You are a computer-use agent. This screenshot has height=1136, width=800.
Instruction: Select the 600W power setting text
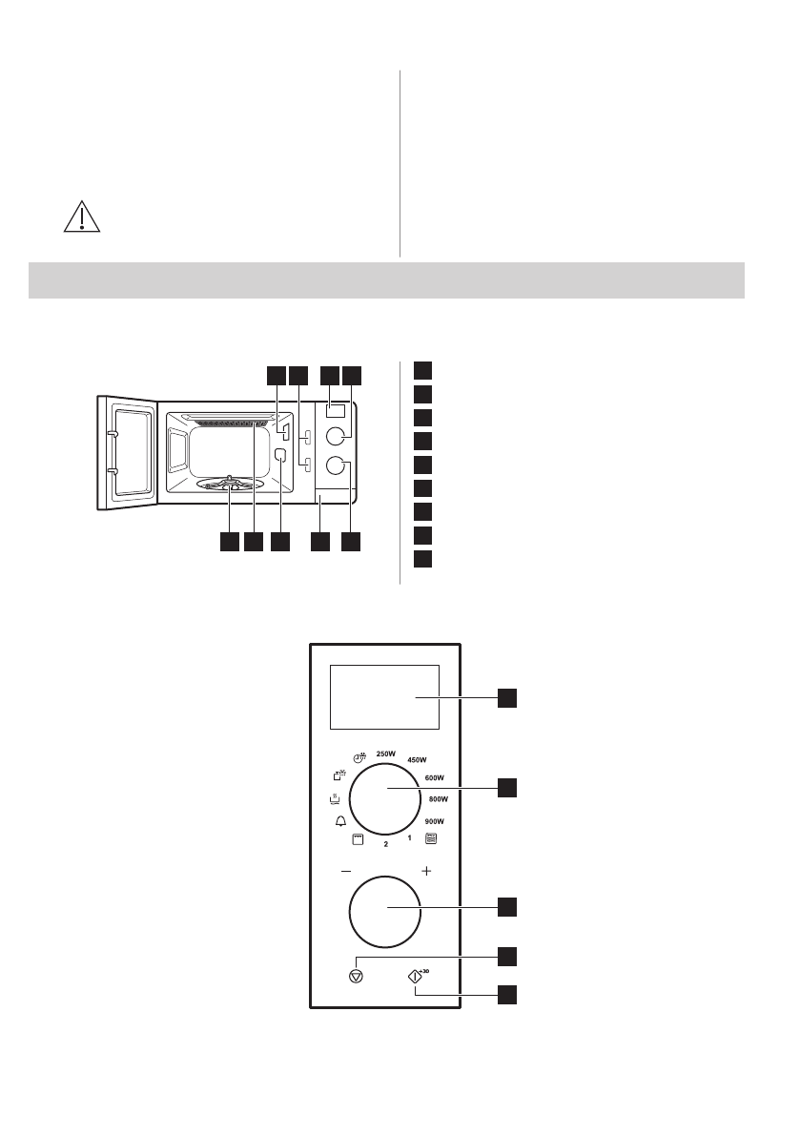436,778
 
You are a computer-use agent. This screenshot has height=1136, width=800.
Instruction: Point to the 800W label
439,798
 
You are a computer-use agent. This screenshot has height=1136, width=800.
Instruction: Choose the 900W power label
434,820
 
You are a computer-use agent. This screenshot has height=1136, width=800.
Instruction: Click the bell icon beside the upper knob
340,820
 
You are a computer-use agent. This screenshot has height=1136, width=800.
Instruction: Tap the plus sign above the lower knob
426,871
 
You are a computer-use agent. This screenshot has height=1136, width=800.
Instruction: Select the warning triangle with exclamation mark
82,218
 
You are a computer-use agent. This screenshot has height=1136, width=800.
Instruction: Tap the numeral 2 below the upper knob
386,844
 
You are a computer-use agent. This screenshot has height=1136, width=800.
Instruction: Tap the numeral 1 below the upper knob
409,838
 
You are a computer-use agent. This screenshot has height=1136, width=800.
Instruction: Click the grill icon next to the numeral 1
431,839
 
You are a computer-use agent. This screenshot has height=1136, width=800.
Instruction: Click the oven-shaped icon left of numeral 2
359,840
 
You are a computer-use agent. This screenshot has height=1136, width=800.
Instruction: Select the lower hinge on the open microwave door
112,471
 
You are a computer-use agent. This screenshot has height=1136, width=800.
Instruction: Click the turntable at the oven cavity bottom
230,485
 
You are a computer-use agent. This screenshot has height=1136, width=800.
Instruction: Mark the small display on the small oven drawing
335,411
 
